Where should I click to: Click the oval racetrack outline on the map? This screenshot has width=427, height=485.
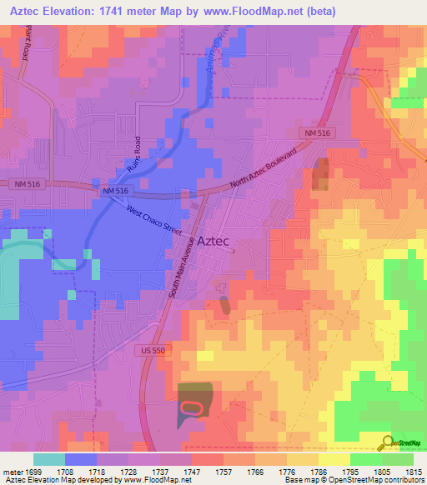[191, 407]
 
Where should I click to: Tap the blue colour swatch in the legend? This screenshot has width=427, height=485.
[81, 459]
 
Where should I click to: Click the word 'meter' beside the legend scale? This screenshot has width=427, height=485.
[13, 471]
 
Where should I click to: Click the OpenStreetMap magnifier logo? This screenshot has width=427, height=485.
[387, 442]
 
